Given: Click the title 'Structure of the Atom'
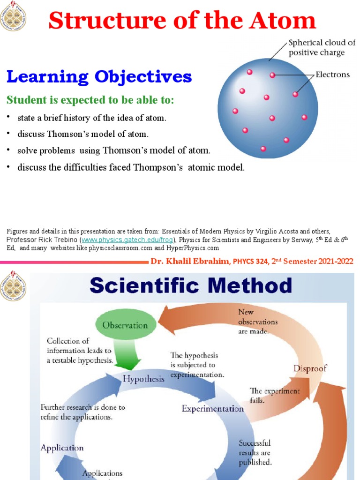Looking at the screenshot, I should (x=182, y=21).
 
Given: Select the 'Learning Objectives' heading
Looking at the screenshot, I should (x=98, y=76).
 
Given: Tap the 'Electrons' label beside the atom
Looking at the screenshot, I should (x=332, y=75).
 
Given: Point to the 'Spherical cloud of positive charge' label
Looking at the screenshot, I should (x=322, y=47).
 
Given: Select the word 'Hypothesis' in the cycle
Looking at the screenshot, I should (x=143, y=379).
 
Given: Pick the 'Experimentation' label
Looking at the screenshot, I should (x=213, y=409).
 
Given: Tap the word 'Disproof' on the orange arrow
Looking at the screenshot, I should (x=310, y=368).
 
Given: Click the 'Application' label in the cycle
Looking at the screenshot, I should (x=62, y=448).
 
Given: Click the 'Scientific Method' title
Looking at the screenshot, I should (x=191, y=285).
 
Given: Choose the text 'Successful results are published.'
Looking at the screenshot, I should (x=255, y=452).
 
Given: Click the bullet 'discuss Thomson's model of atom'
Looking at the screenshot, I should (x=82, y=134).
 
